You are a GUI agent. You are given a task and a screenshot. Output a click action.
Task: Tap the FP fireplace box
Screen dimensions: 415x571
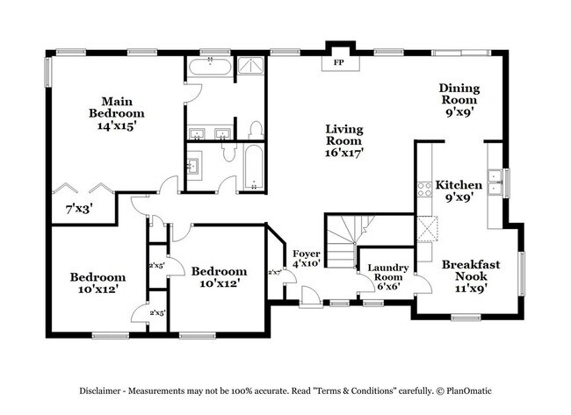point(338,62)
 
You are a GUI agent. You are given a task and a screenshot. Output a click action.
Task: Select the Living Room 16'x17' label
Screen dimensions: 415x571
point(344,140)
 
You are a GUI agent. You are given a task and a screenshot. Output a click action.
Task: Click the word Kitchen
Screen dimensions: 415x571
point(459,185)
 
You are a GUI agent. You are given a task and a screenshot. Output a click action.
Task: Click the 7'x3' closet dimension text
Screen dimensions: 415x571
point(80,209)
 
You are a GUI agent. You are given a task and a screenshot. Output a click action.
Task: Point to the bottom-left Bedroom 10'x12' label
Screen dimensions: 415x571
point(98,283)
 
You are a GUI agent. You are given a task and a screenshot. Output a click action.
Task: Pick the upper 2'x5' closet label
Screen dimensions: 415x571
point(157,265)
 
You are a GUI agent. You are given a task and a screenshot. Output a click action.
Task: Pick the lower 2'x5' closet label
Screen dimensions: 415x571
point(157,312)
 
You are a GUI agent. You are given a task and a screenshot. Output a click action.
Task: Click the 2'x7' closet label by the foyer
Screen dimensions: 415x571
point(275,272)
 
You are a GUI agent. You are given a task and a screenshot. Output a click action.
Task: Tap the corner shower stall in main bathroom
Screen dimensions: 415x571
point(252,68)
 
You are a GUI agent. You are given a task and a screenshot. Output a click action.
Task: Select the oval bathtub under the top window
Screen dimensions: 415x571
point(209,68)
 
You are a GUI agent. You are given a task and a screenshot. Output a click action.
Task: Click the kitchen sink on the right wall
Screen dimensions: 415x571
point(495,180)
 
